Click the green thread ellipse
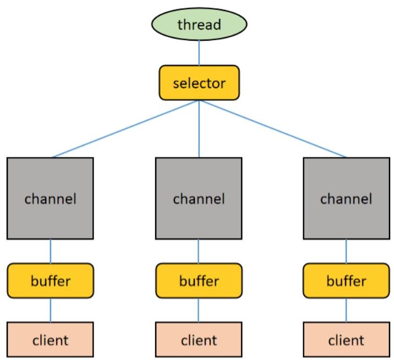point(199,24)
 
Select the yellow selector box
point(199,83)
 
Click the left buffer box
point(51,281)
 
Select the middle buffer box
point(199,281)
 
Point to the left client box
point(51,339)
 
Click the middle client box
point(199,339)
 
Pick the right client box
point(347,339)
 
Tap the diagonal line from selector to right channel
point(273,129)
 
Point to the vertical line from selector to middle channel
point(199,129)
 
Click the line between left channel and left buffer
point(51,251)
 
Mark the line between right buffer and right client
point(347,310)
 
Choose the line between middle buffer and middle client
point(199,310)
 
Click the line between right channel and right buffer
point(347,251)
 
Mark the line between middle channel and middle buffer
point(199,251)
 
